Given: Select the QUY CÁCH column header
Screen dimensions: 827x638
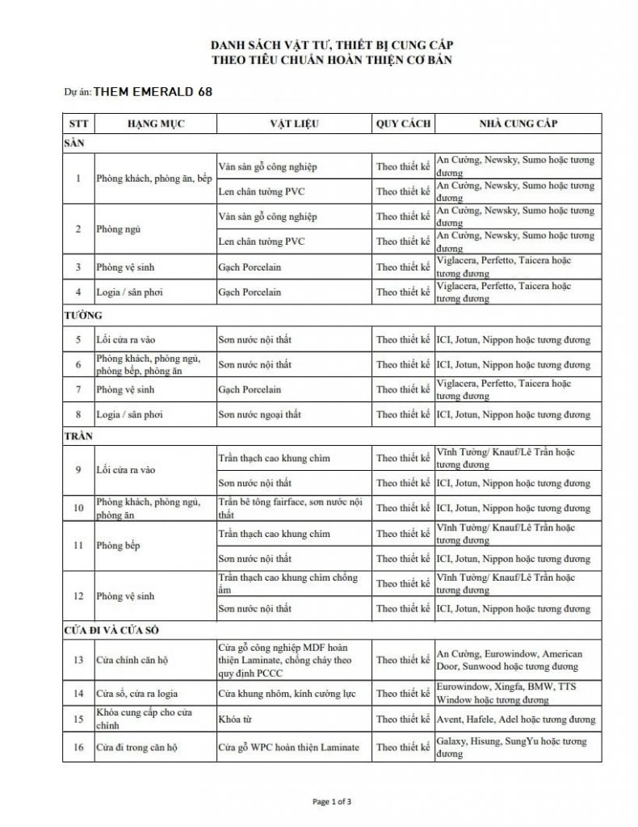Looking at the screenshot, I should [x=403, y=124].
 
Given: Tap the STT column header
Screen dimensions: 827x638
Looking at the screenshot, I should [x=78, y=124].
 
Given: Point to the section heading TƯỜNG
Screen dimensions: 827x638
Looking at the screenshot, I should [x=83, y=315].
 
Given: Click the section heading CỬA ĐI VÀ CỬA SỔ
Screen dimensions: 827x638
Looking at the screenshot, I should [x=116, y=628].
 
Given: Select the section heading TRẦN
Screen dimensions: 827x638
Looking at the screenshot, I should [x=79, y=435].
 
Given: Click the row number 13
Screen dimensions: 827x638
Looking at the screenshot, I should [x=78, y=660].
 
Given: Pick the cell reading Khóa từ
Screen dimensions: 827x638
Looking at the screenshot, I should [x=233, y=719].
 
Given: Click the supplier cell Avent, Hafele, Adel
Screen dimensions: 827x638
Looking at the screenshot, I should [x=515, y=719].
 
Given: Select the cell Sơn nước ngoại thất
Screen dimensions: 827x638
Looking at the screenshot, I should [x=259, y=414].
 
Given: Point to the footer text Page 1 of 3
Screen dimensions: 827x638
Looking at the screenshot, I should [x=332, y=801].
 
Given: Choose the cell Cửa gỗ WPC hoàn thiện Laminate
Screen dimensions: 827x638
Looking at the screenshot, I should [x=288, y=747].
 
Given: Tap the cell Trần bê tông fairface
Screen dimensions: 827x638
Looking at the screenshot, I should [x=290, y=508].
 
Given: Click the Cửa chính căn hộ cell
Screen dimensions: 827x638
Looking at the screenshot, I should [x=132, y=660].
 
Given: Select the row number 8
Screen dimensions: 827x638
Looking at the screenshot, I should [x=78, y=414].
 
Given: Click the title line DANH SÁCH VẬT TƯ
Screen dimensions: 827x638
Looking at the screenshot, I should [x=332, y=45].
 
